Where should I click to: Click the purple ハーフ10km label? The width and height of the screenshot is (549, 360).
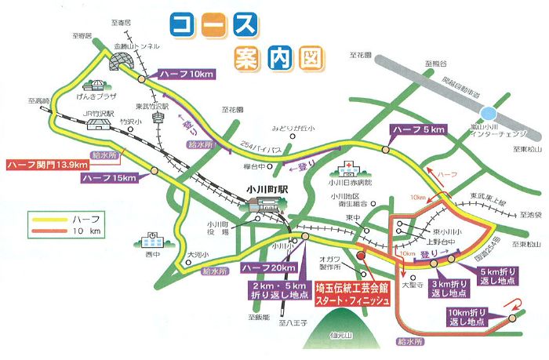185,74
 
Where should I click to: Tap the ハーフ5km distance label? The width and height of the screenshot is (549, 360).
420,129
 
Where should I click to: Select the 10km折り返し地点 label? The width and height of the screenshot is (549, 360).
469,317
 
